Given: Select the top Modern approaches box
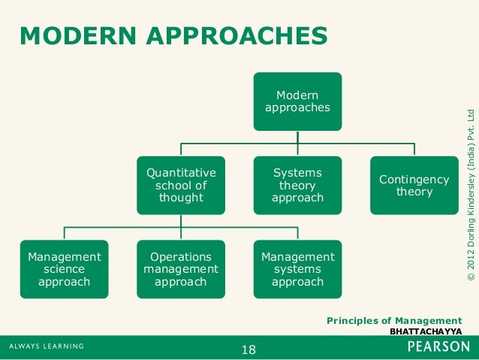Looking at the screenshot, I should pyautogui.click(x=297, y=101).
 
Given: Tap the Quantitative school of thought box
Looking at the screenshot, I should pyautogui.click(x=180, y=185).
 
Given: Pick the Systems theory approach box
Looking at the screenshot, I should pyautogui.click(x=297, y=185).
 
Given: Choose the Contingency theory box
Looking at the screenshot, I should pyautogui.click(x=414, y=185).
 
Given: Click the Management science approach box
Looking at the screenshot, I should pyautogui.click(x=64, y=269).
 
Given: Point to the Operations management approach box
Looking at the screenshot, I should pyautogui.click(x=180, y=269).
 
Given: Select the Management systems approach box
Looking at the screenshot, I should pyautogui.click(x=297, y=269).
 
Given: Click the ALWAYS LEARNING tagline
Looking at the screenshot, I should pyautogui.click(x=47, y=347).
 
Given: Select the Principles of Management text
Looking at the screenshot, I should pyautogui.click(x=394, y=321).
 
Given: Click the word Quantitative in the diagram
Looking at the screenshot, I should pyautogui.click(x=180, y=172).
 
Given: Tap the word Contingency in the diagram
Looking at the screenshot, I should pyautogui.click(x=414, y=180).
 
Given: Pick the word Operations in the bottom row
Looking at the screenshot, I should pyautogui.click(x=180, y=256).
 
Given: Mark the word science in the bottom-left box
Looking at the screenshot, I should pyautogui.click(x=64, y=269).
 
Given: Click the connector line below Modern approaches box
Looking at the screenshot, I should pyautogui.click(x=297, y=138).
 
